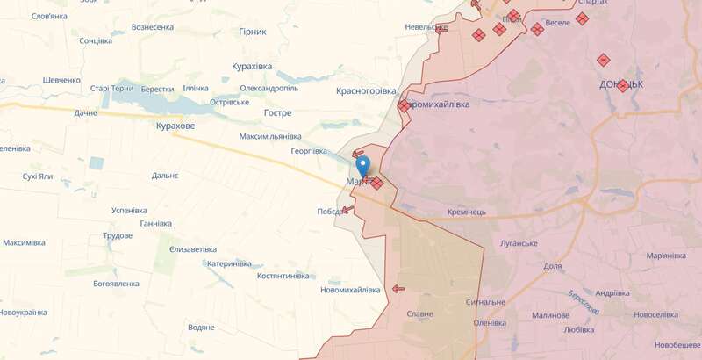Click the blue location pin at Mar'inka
[x=362, y=165]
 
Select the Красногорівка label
[x=367, y=90]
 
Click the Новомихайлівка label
[x=350, y=290]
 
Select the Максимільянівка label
[x=271, y=136]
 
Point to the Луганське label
[x=518, y=242]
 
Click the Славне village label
[x=419, y=314]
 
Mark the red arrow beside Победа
[x=348, y=209]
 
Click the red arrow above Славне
[x=398, y=287]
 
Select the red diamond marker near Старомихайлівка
[x=403, y=106]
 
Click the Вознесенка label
[x=153, y=27]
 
